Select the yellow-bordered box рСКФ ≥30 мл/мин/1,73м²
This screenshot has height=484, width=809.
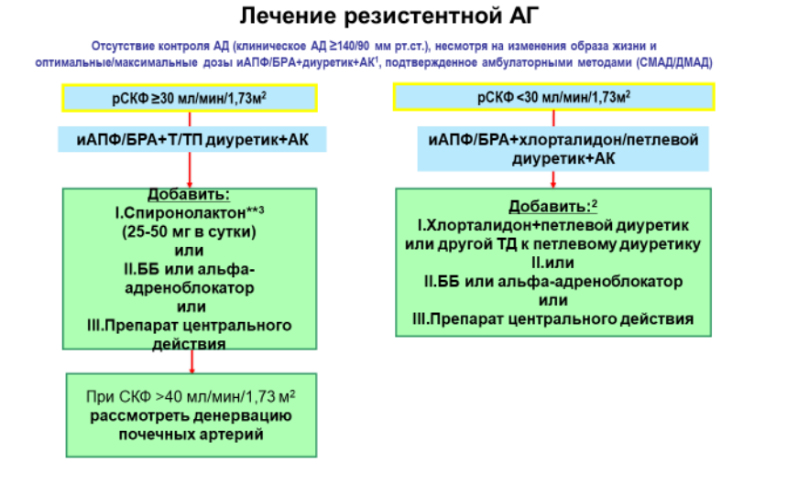[x=190, y=98]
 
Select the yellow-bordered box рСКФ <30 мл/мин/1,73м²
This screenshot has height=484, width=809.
[x=553, y=97]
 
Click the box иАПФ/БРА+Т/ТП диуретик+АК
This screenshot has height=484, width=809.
[x=191, y=139]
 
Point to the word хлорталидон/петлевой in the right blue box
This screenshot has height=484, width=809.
[x=608, y=140]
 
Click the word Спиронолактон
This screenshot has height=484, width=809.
[x=184, y=213]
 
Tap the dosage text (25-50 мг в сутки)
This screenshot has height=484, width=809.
[x=189, y=232]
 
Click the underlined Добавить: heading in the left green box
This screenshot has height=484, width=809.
[x=189, y=195]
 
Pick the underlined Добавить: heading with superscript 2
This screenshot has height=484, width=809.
[x=552, y=206]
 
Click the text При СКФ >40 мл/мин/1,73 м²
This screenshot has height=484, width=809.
[x=191, y=396]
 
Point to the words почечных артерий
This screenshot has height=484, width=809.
[x=191, y=435]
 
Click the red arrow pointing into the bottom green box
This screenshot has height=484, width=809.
[x=191, y=361]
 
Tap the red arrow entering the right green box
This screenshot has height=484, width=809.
[x=553, y=179]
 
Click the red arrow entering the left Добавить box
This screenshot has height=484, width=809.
[x=190, y=170]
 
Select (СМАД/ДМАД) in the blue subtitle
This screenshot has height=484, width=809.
[x=674, y=63]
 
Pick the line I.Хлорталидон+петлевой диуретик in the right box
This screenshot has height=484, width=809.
[x=553, y=225]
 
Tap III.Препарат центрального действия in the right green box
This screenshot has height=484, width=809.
[x=553, y=319]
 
